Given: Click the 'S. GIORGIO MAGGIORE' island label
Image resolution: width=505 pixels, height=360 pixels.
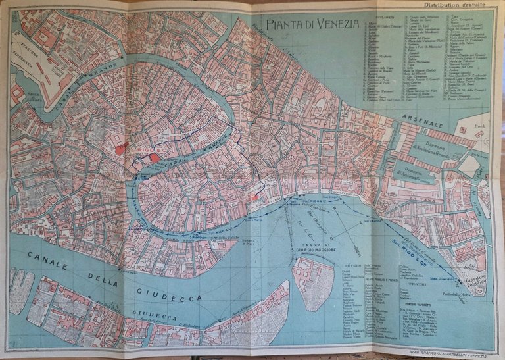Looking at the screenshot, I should click(311, 249).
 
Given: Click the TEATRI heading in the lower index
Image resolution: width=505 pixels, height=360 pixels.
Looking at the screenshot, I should click(414, 284).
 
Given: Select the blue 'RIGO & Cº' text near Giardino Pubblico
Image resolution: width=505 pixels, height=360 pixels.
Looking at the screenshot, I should click(406, 249).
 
